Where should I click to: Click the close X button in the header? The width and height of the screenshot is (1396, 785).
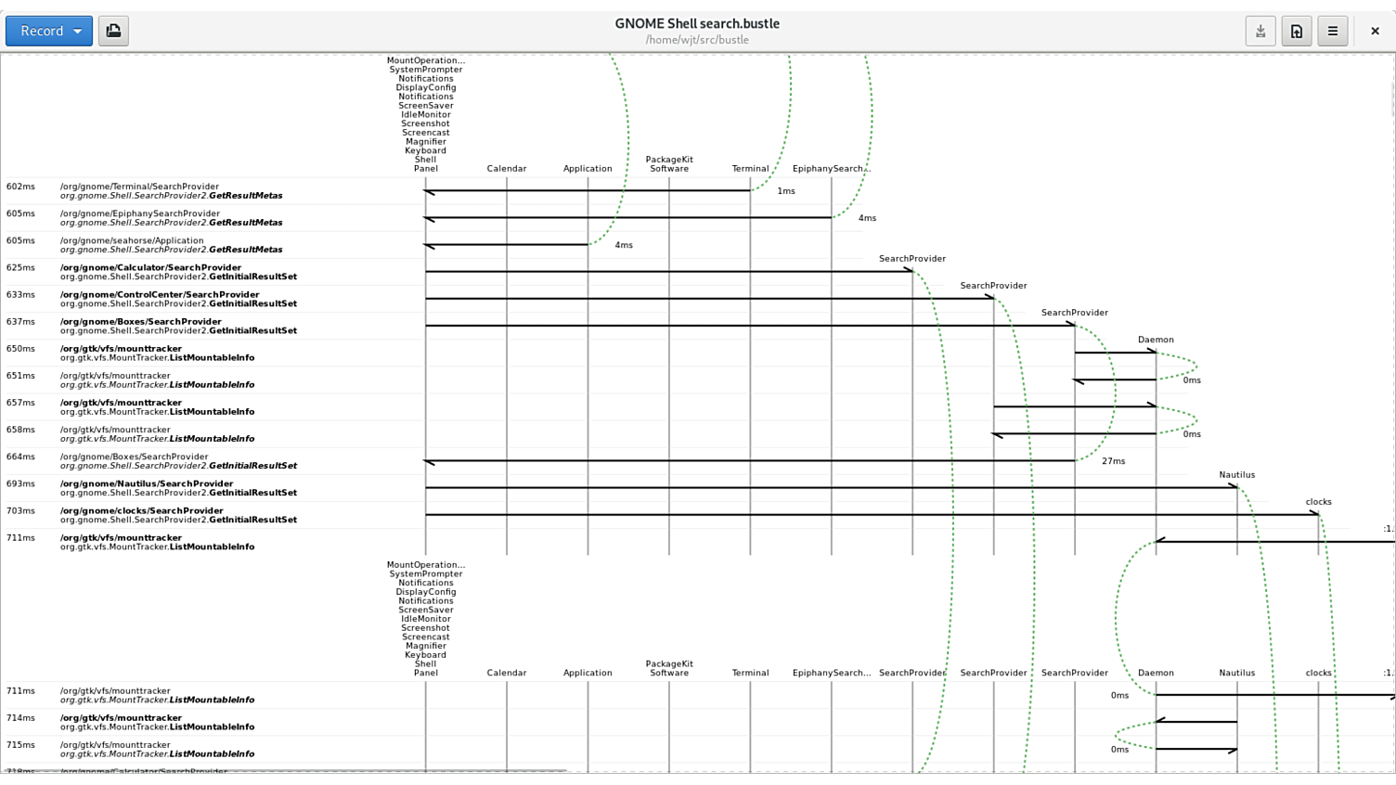[1375, 31]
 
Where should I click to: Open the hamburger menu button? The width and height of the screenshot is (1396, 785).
[1332, 31]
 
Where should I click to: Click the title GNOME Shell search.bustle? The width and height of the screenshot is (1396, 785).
[697, 23]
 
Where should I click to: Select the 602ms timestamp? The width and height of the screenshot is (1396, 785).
[20, 187]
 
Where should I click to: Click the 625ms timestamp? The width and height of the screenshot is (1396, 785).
[20, 267]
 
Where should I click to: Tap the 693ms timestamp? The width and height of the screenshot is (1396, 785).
[20, 483]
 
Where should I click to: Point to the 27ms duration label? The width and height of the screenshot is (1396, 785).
[1113, 461]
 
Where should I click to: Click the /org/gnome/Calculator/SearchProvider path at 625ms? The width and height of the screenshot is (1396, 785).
[150, 267]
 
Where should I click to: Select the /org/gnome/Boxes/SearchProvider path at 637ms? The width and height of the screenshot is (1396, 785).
[140, 322]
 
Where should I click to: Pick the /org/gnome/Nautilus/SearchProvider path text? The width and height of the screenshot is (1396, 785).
[147, 483]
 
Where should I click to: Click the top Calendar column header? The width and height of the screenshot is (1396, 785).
[507, 169]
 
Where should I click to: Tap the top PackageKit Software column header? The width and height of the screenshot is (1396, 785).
[669, 164]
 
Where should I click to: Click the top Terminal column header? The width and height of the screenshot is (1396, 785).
[750, 169]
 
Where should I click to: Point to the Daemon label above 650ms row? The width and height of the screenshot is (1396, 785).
[1156, 340]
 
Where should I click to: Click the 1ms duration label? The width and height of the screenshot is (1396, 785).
[786, 191]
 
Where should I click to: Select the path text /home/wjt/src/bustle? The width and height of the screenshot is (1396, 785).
[697, 40]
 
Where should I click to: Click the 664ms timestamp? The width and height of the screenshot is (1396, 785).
[20, 457]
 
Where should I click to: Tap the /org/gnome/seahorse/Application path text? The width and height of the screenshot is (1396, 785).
[132, 240]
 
